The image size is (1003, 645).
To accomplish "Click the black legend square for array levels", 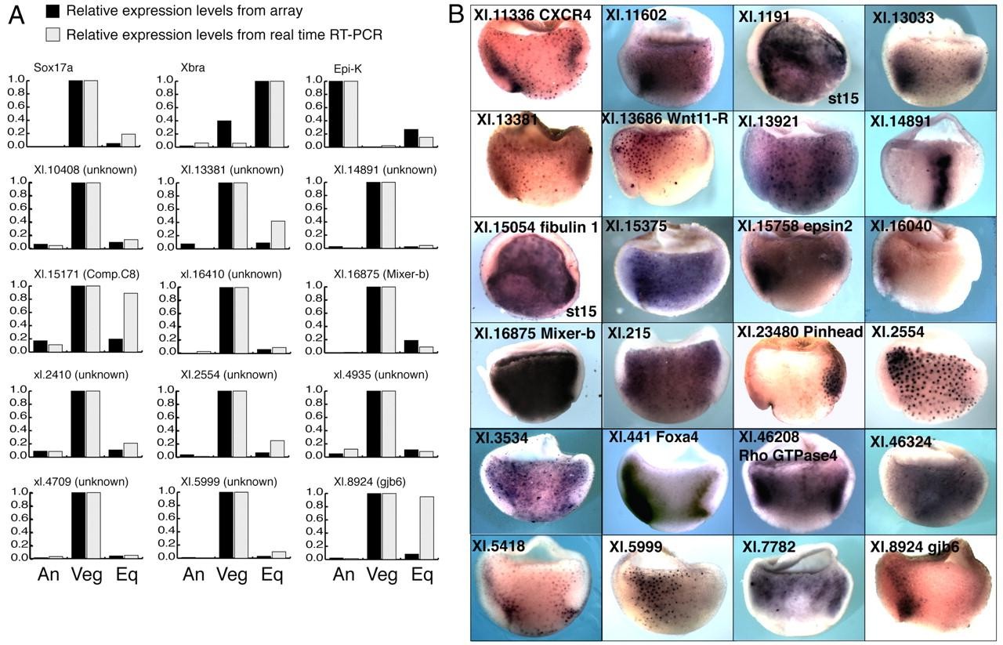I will click(x=53, y=11).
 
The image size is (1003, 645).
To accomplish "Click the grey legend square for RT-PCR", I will click(x=53, y=34).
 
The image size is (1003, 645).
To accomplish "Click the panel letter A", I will click(x=16, y=15).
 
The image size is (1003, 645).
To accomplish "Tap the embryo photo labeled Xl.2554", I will click(x=931, y=376).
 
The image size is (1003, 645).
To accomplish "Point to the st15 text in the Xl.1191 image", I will click(x=843, y=97).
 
